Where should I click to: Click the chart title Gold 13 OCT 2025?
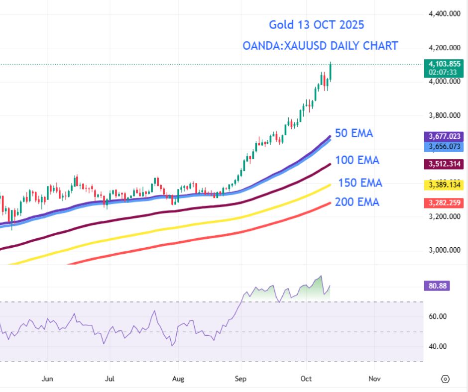pyautogui.click(x=316, y=24)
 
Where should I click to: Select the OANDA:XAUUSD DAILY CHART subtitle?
pyautogui.click(x=320, y=46)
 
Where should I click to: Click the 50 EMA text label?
pyautogui.click(x=354, y=133)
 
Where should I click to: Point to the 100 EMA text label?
pyautogui.click(x=357, y=160)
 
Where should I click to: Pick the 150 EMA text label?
pyautogui.click(x=360, y=183)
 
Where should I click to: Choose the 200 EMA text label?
pyautogui.click(x=357, y=202)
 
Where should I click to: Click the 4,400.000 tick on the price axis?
pyautogui.click(x=444, y=14)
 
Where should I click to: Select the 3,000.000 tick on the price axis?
pyautogui.click(x=444, y=250)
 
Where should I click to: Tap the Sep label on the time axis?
pyautogui.click(x=240, y=379)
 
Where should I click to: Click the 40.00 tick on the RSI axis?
pyautogui.click(x=438, y=346)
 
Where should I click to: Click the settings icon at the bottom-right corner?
pyautogui.click(x=445, y=379)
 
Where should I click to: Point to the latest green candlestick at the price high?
pyautogui.click(x=331, y=71)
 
